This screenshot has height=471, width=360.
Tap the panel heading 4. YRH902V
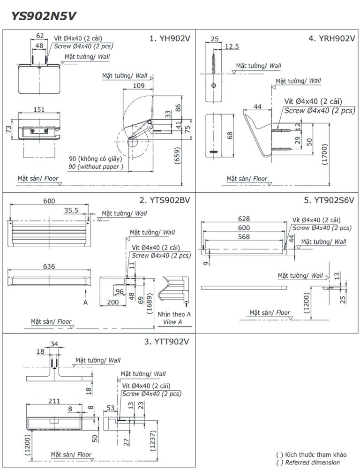point(331,39)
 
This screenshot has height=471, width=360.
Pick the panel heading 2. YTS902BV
point(165,200)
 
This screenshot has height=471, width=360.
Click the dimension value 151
point(40,109)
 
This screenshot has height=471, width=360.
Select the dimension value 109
point(138,85)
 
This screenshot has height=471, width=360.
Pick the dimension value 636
point(49,266)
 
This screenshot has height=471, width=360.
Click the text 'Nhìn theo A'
point(174,314)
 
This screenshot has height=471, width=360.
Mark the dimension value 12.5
point(232,46)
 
